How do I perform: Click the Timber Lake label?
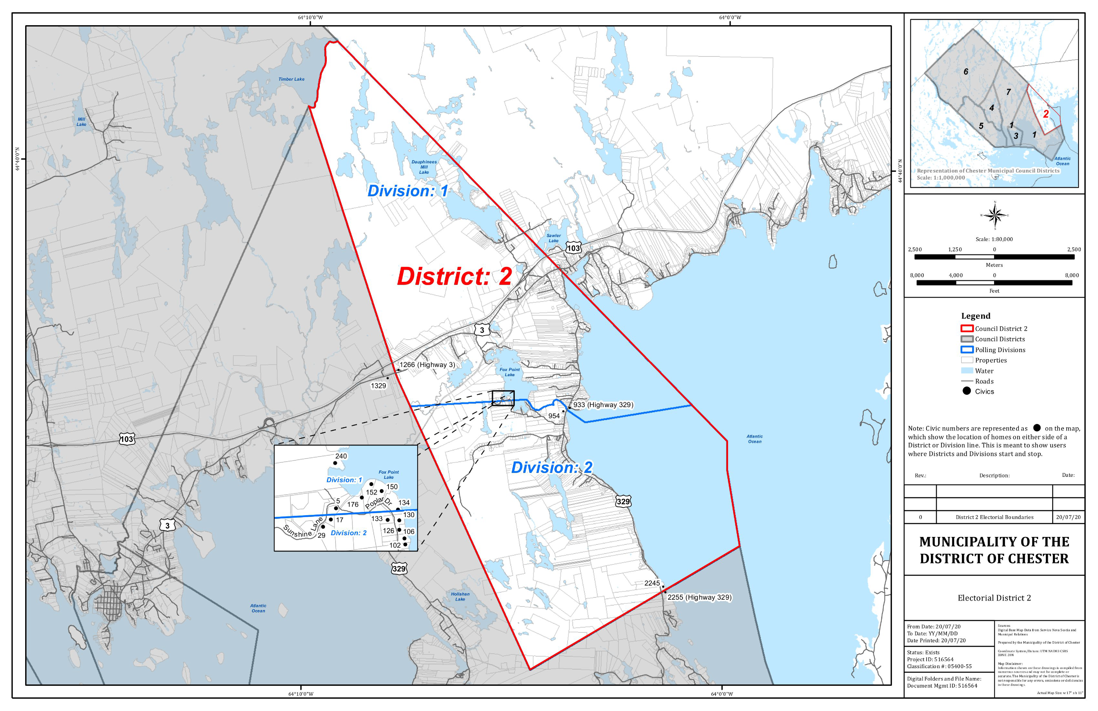[x=291, y=79]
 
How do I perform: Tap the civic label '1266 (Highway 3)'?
[x=427, y=365]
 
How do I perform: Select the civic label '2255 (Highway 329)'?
[x=699, y=597]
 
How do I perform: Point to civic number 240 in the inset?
[x=341, y=456]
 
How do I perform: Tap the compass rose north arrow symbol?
[x=995, y=215]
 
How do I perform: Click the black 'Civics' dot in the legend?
[x=966, y=391]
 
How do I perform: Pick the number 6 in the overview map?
[x=966, y=72]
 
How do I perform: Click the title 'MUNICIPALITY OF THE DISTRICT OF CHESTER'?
[x=994, y=550]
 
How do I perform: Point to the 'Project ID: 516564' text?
[x=930, y=659]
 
